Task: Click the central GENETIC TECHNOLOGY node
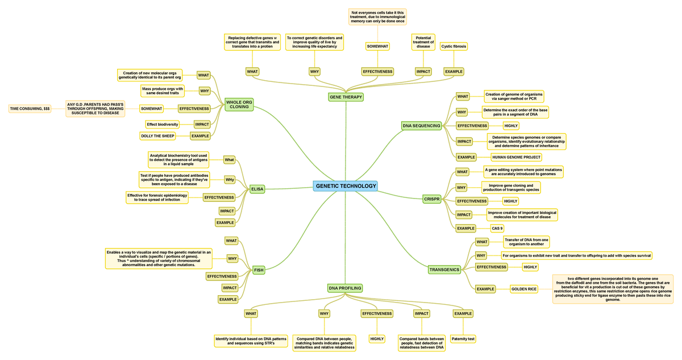click(346, 186)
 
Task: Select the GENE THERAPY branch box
click(346, 97)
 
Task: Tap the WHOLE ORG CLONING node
click(239, 105)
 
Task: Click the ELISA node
click(257, 189)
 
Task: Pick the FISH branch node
click(259, 270)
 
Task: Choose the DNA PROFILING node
click(345, 288)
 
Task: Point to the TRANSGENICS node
click(444, 270)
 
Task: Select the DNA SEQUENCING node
click(421, 126)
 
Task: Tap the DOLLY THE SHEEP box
click(157, 136)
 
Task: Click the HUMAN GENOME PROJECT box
click(516, 157)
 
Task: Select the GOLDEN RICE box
click(523, 289)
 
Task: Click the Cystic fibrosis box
click(454, 46)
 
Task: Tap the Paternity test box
click(463, 339)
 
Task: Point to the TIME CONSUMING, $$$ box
click(30, 108)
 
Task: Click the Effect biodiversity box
click(163, 124)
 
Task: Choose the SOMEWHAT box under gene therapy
click(377, 46)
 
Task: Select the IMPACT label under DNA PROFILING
click(422, 313)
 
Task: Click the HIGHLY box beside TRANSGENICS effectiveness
click(530, 267)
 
